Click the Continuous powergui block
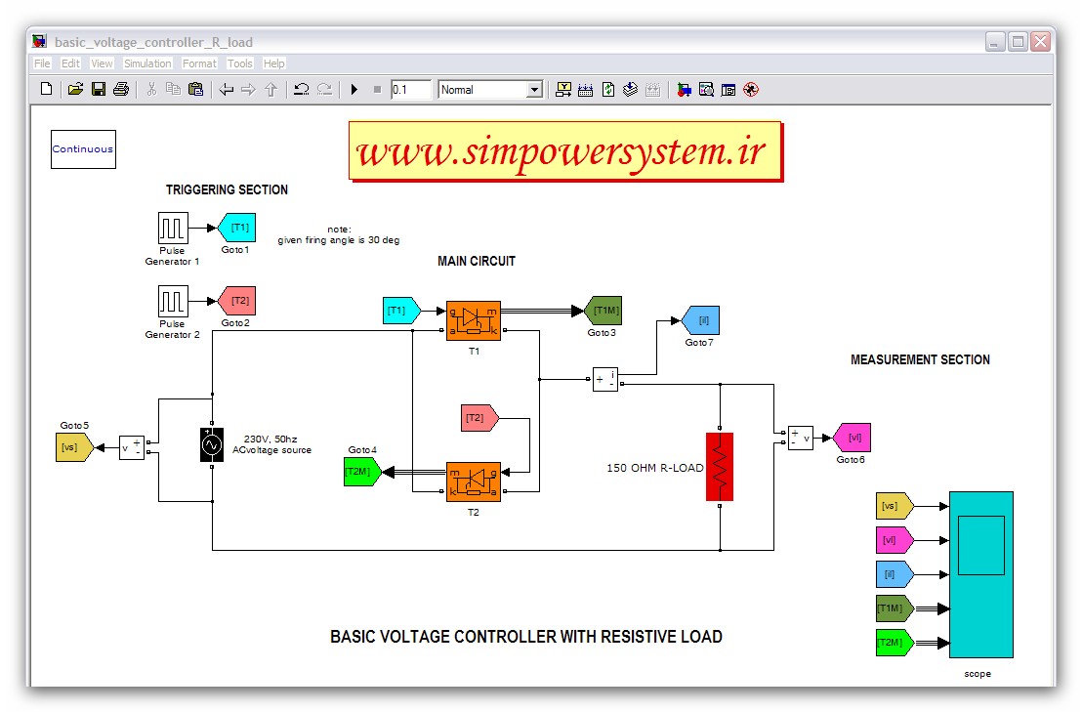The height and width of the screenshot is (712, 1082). pos(83,149)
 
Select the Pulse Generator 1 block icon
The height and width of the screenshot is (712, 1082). pos(173,229)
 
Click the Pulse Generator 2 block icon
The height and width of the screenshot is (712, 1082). pos(173,300)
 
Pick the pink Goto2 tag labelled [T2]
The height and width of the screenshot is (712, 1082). pos(236,300)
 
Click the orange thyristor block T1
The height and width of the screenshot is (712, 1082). pos(474,320)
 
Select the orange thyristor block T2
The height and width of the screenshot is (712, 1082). pos(474,482)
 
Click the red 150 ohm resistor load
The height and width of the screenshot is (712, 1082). pos(719,467)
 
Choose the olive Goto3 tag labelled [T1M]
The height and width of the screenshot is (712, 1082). pos(603,311)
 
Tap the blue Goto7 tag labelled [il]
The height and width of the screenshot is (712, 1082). pos(700,320)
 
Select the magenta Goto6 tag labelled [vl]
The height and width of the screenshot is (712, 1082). pos(852,438)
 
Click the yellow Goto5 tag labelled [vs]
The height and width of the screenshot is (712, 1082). pos(73,447)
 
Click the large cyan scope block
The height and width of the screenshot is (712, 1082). pos(980,574)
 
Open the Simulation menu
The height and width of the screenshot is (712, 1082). pos(147,63)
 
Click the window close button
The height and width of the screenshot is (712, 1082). pos(1039,42)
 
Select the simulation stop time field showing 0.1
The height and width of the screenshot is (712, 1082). pos(410,90)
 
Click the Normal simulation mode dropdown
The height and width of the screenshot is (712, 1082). pos(490,90)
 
